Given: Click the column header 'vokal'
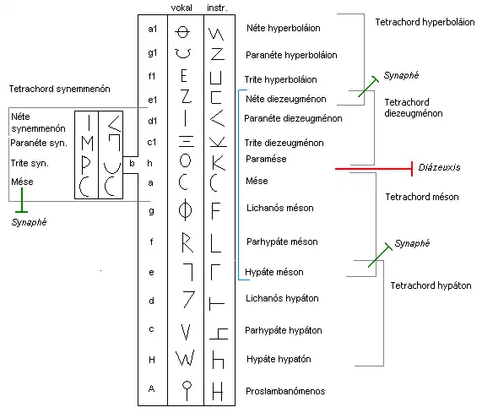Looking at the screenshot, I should [182, 7].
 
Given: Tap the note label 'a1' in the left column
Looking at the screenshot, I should [152, 30].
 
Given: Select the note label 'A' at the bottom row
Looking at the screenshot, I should [152, 390].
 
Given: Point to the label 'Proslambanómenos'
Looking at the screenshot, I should [285, 391].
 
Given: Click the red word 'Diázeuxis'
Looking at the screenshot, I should [439, 168].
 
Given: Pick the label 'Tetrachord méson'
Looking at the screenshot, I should [421, 196].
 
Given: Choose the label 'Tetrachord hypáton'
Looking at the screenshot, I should [431, 286].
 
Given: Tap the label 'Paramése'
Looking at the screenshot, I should [266, 159].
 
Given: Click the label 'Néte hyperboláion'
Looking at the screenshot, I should [287, 29].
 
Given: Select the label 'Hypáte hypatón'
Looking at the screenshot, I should [279, 359].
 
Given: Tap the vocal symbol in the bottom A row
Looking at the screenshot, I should [183, 389].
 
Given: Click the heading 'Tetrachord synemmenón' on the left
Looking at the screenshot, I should [59, 89].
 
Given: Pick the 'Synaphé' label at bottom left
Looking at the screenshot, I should [30, 223].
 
